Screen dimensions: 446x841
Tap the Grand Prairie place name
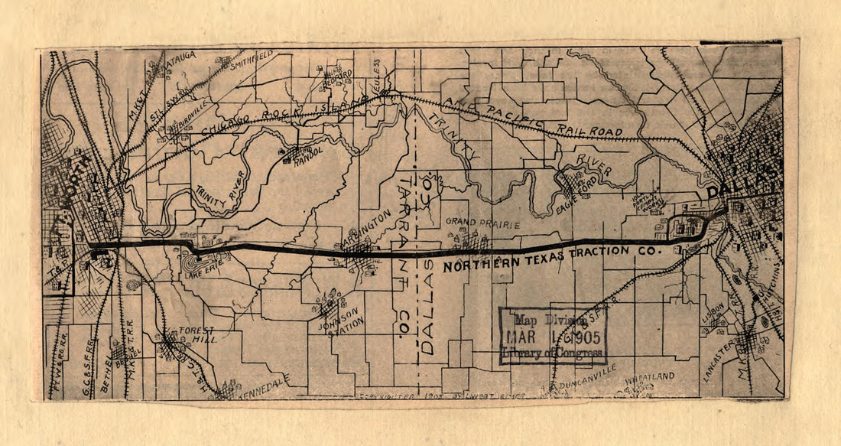click(x=482, y=225)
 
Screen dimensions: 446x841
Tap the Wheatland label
click(x=650, y=376)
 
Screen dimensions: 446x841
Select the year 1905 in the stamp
click(x=585, y=337)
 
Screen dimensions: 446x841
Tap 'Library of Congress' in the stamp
click(x=552, y=354)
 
